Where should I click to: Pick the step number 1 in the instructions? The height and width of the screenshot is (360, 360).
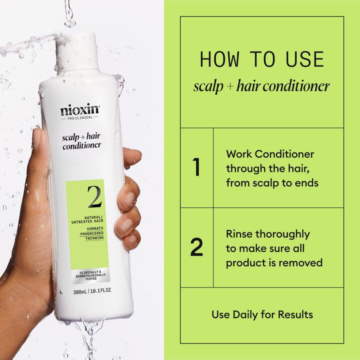[x=196, y=168]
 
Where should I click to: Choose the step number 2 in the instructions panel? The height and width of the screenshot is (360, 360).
[x=197, y=248]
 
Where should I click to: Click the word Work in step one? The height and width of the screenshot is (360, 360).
[x=239, y=154]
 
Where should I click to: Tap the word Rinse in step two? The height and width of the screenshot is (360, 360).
[x=240, y=234]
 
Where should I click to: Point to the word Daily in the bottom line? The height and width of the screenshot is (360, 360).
[x=249, y=314]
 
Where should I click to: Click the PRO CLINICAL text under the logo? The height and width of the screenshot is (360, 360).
[x=80, y=119]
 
